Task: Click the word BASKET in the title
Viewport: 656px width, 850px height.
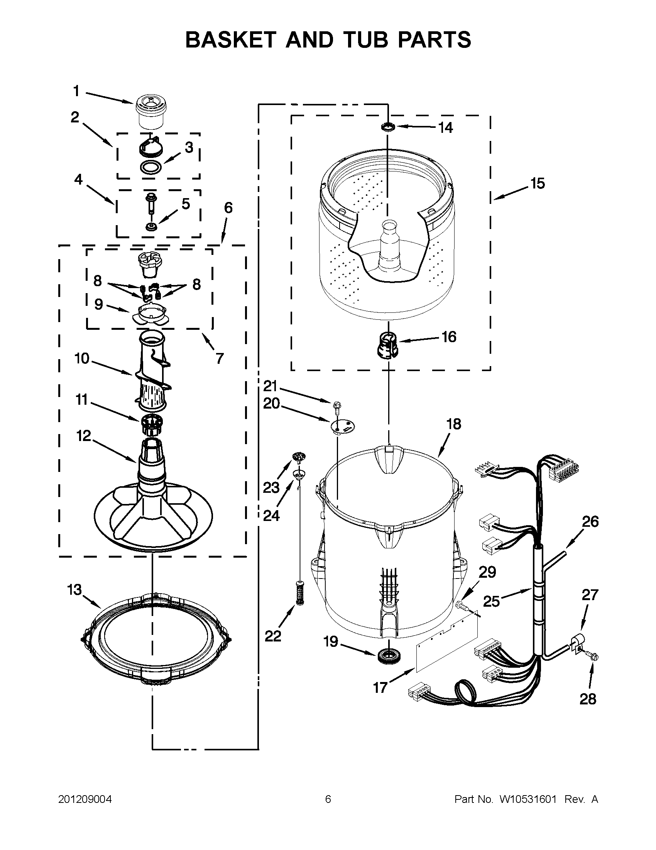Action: pyautogui.click(x=231, y=40)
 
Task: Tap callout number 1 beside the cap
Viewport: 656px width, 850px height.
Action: pyautogui.click(x=76, y=92)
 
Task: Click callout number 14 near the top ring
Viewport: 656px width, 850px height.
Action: pyautogui.click(x=446, y=128)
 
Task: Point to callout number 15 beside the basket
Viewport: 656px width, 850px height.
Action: pyautogui.click(x=538, y=183)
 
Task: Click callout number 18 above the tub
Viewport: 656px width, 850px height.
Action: pyautogui.click(x=453, y=424)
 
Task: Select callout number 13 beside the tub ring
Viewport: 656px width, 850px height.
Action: pyautogui.click(x=74, y=590)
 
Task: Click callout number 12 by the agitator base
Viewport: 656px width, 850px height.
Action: pyautogui.click(x=84, y=436)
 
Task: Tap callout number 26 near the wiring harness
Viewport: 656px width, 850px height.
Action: pyautogui.click(x=590, y=522)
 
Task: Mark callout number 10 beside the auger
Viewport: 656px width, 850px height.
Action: pyautogui.click(x=82, y=358)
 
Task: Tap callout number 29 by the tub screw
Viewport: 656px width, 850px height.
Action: pyautogui.click(x=487, y=572)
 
